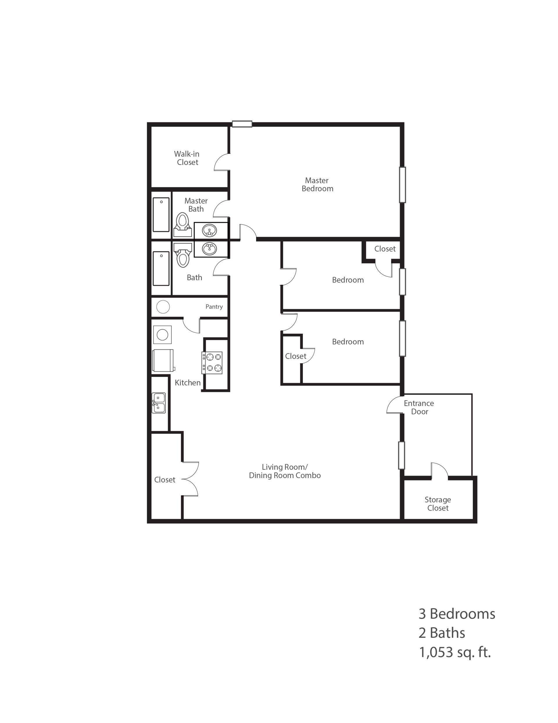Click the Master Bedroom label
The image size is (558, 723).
click(317, 184)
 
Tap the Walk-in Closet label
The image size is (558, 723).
click(187, 158)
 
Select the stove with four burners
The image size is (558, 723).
click(212, 363)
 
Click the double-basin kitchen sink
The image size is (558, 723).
click(158, 403)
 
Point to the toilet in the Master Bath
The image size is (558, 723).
click(183, 224)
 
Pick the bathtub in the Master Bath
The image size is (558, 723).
click(161, 214)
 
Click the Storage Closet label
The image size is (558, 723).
click(438, 504)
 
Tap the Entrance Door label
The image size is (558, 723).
click(419, 407)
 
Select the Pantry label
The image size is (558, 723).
click(214, 307)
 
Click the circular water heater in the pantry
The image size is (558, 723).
click(163, 307)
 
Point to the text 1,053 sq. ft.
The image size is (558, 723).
click(455, 653)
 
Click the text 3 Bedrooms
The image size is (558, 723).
click(457, 614)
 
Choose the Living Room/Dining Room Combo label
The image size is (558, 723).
click(285, 471)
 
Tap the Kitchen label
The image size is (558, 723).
click(187, 382)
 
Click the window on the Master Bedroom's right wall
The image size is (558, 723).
click(403, 184)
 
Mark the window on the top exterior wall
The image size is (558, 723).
click(242, 124)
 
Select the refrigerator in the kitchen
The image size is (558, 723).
click(163, 360)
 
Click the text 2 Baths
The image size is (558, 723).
click(441, 633)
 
